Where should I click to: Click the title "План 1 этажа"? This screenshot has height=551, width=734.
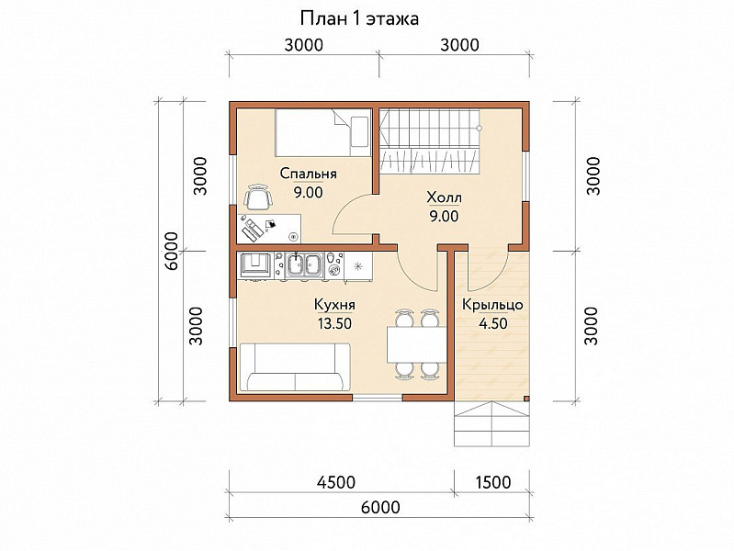point(359,19)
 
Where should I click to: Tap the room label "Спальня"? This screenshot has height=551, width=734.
point(308,174)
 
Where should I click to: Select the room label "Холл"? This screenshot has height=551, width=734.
point(444,197)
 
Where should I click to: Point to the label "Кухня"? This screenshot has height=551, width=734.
point(334,305)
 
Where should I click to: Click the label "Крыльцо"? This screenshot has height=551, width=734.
point(492,305)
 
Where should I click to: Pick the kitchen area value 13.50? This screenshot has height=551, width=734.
point(334,323)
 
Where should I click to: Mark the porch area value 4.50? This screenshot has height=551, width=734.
point(492,323)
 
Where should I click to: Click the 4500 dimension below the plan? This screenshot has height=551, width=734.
point(336,482)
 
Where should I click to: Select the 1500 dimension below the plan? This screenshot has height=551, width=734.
point(493,482)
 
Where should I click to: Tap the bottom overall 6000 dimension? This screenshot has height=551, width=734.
point(380,507)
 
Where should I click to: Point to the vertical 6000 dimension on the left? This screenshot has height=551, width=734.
point(172,251)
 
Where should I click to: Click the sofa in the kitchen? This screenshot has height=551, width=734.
point(295,367)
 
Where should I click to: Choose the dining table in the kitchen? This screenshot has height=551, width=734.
point(417,344)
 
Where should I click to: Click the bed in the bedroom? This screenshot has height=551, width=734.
point(323,132)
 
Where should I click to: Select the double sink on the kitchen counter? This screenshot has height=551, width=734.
point(306,265)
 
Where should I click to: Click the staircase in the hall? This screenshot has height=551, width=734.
point(429,141)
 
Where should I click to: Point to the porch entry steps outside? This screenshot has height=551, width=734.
point(492,423)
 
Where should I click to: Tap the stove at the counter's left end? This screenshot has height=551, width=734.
point(255,265)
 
